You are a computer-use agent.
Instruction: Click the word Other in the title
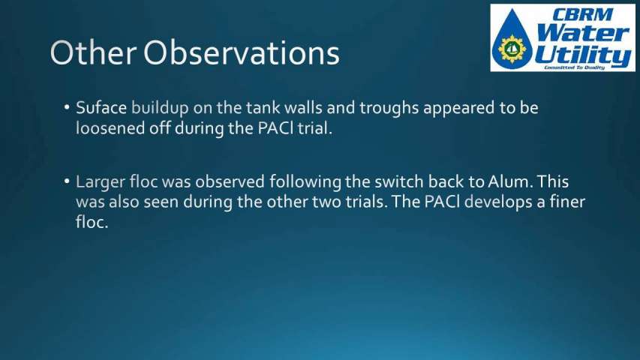pyautogui.click(x=93, y=52)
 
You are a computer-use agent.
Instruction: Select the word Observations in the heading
pyautogui.click(x=242, y=52)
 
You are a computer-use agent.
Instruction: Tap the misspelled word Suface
pyautogui.click(x=101, y=108)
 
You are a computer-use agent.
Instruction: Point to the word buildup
pyautogui.click(x=160, y=109)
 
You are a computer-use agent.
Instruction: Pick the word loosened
pyautogui.click(x=110, y=128)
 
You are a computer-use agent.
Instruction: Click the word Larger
pyautogui.click(x=100, y=182)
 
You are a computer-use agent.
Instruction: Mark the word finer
pyautogui.click(x=567, y=202)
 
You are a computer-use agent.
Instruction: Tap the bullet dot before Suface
pyautogui.click(x=67, y=108)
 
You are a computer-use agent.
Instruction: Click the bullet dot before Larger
pyautogui.click(x=67, y=181)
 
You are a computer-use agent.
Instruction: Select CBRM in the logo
pyautogui.click(x=582, y=15)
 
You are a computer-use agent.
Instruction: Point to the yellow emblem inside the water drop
pyautogui.click(x=512, y=49)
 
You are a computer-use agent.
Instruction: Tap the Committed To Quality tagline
pyautogui.click(x=573, y=67)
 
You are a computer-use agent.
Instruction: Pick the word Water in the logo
pyautogui.click(x=582, y=33)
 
